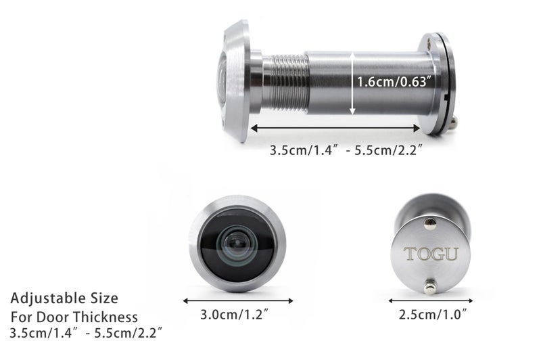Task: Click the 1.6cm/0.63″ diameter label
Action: (x=394, y=82)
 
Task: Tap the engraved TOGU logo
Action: (x=431, y=254)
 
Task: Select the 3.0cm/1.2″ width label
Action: (x=234, y=315)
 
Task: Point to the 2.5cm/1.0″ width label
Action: (x=433, y=315)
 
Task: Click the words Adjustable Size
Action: (x=64, y=298)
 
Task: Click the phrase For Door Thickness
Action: (x=74, y=317)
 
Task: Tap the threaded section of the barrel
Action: (x=285, y=83)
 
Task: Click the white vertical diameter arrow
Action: (x=352, y=83)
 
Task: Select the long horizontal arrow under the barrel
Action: (x=335, y=129)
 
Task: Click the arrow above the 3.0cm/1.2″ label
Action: (x=238, y=300)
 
